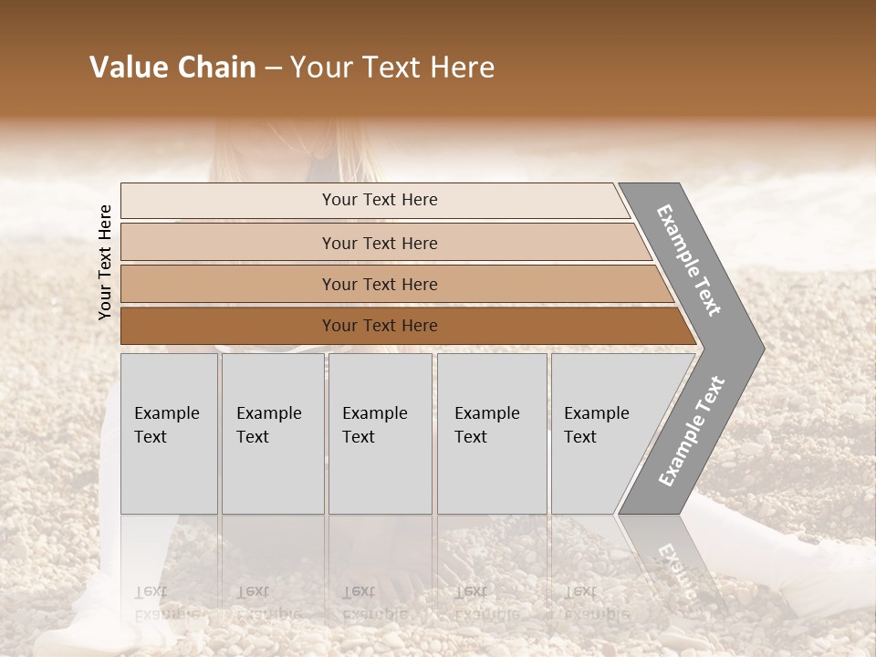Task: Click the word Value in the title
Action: coord(127,68)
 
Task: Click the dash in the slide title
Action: coord(273,68)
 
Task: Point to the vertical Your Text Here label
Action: coord(105,262)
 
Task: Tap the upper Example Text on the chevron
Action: coord(689,260)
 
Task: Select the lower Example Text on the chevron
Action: coord(691,431)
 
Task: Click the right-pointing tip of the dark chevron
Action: coord(759,348)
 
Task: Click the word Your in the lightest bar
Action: coord(339,200)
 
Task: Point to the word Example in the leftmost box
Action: coord(166,413)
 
